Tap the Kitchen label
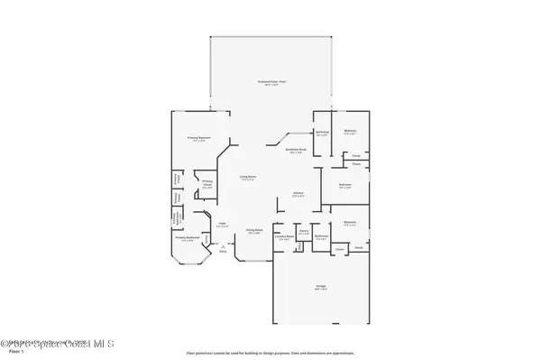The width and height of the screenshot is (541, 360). (x=297, y=193)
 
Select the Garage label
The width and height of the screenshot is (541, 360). (x=320, y=288)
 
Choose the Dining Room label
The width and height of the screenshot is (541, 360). (x=254, y=230)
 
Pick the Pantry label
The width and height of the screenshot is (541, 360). (x=305, y=232)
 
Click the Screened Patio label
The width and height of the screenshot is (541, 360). (x=270, y=82)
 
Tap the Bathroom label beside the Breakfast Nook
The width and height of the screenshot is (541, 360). (x=322, y=134)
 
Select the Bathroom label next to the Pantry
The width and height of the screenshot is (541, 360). (x=320, y=237)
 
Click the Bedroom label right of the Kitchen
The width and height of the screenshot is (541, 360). (x=344, y=186)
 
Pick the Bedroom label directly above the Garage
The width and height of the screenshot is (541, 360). (x=349, y=224)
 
